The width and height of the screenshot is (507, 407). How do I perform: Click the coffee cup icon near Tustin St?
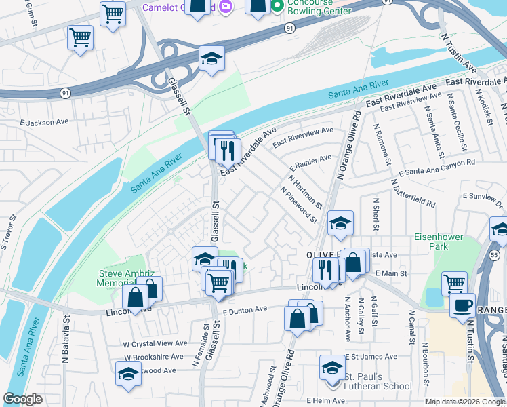[462, 305]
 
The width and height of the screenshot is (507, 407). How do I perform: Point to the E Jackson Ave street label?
[45, 122]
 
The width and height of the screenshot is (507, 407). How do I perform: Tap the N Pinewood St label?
[299, 205]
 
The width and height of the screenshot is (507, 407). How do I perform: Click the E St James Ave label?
[370, 356]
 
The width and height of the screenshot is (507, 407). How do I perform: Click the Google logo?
[23, 399]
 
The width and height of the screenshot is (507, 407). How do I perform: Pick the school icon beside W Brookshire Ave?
[127, 374]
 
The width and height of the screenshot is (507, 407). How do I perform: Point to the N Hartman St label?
[305, 191]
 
